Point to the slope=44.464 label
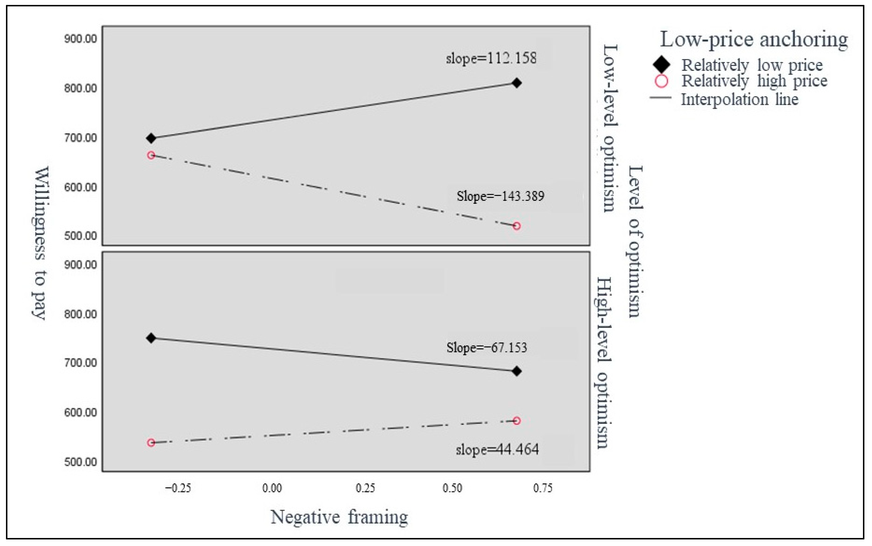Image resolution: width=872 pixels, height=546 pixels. (x=497, y=450)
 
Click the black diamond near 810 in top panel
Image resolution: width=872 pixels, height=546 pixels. (x=517, y=83)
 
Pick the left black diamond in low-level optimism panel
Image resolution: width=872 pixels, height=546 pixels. (x=151, y=138)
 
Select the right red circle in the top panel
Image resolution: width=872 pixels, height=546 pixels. (x=517, y=226)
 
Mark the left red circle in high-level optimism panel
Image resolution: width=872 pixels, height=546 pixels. (x=151, y=443)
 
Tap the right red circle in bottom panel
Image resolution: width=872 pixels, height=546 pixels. (x=517, y=421)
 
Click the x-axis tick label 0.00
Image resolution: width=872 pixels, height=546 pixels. (x=272, y=488)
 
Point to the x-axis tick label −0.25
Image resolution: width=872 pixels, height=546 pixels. (x=178, y=488)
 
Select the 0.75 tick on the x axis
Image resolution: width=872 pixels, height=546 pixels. (x=543, y=488)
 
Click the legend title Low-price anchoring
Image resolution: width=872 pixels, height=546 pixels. (x=754, y=39)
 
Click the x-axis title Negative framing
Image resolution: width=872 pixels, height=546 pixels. (x=339, y=517)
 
